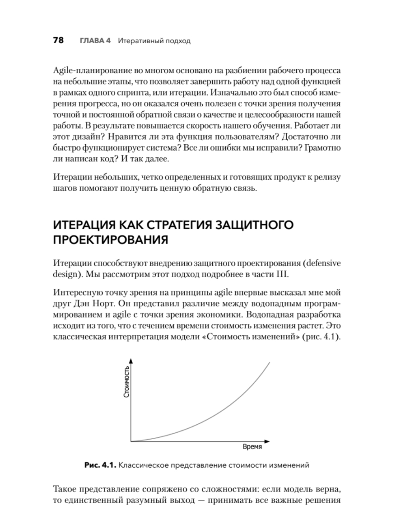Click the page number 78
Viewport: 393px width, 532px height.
59,40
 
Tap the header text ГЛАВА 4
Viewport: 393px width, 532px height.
95,41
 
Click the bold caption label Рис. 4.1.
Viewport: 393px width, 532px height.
101,466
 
